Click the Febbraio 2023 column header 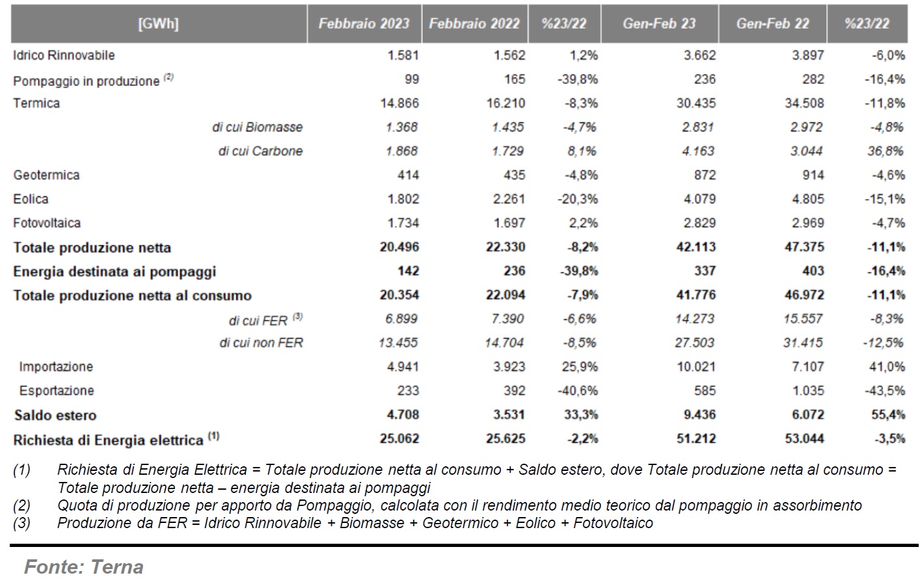(x=364, y=23)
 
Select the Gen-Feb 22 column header (x=772, y=23)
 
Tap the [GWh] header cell (x=158, y=23)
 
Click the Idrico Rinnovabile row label (x=64, y=55)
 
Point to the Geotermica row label (x=46, y=175)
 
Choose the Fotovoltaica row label (x=47, y=223)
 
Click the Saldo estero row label (x=55, y=415)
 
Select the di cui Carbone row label (x=260, y=151)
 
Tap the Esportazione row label (x=56, y=390)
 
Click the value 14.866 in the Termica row (x=399, y=103)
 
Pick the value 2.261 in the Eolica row (x=509, y=199)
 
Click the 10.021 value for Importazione (x=696, y=367)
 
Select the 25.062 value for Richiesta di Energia (x=399, y=438)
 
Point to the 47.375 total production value (x=804, y=246)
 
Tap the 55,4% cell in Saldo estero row (x=888, y=415)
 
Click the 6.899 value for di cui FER (x=401, y=319)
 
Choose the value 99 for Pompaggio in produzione (x=412, y=79)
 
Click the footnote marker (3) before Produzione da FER (x=21, y=523)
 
